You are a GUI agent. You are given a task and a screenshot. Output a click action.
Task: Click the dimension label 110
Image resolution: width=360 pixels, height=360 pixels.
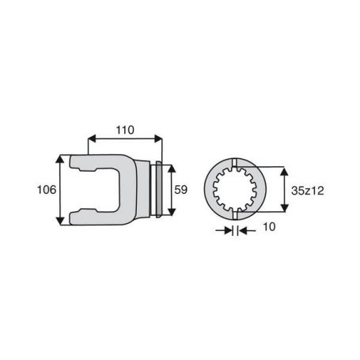[125, 130]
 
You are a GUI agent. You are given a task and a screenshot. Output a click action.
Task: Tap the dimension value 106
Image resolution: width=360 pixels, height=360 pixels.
[47, 190]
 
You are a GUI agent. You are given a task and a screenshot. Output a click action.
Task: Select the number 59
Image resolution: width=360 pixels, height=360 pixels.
[181, 190]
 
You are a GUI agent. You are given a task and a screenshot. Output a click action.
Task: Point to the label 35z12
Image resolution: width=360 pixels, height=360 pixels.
[308, 191]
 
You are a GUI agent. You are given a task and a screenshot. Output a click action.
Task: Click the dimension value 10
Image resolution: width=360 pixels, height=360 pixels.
[269, 227]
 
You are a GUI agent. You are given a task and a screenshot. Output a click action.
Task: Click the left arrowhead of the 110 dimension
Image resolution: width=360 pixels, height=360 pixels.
[92, 138]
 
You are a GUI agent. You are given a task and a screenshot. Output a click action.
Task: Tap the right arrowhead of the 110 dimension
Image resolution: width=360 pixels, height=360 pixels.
[158, 138]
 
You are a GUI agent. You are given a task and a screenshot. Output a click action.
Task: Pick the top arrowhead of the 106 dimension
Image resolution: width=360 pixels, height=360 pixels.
[60, 159]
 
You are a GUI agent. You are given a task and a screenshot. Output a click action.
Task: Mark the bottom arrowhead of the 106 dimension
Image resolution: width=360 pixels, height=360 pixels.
[60, 221]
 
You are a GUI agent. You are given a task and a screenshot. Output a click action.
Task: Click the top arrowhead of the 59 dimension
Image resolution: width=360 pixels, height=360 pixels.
[172, 169]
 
